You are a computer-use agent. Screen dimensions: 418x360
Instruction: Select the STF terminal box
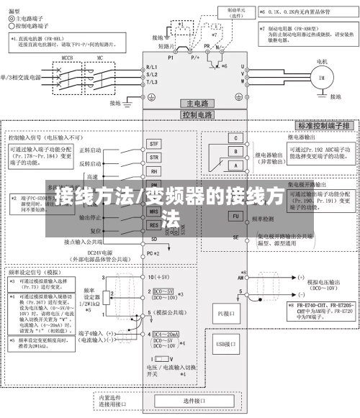point(153,145)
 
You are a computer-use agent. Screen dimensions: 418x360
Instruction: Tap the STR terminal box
point(153,157)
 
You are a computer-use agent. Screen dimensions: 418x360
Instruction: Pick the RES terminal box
point(153,224)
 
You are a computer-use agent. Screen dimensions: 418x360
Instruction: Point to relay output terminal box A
point(234,165)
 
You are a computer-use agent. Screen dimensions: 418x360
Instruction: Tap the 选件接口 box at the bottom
point(194,400)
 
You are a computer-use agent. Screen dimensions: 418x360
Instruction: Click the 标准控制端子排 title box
point(315,125)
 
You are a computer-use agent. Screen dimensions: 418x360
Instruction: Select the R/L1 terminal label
point(151,66)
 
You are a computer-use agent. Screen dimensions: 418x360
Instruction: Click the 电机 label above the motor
point(322,60)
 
